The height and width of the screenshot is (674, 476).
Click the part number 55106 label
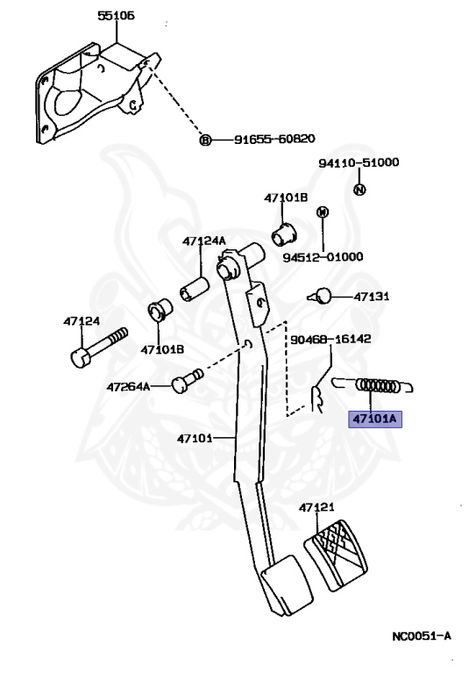click(x=116, y=16)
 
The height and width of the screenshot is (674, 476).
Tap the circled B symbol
click(x=206, y=140)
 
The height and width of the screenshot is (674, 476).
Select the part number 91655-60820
click(x=274, y=139)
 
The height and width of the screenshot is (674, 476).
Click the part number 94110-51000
click(x=359, y=162)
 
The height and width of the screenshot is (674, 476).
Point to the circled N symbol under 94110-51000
click(x=359, y=190)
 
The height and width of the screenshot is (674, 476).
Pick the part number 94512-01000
click(x=323, y=257)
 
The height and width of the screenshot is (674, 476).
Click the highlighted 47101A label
click(x=374, y=419)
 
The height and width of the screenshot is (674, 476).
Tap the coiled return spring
click(x=373, y=386)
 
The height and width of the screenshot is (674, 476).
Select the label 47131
click(x=372, y=297)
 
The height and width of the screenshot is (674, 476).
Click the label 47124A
click(x=204, y=240)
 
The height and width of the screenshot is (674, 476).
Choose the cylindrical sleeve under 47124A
click(x=195, y=289)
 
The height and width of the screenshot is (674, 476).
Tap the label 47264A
click(x=128, y=387)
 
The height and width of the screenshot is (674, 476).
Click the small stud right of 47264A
click(x=187, y=380)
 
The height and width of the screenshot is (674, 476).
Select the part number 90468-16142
click(x=330, y=339)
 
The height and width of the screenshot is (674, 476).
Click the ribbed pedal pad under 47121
click(x=336, y=555)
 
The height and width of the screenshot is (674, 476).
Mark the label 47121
click(x=316, y=507)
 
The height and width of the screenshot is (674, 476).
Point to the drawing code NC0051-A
click(x=422, y=636)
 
